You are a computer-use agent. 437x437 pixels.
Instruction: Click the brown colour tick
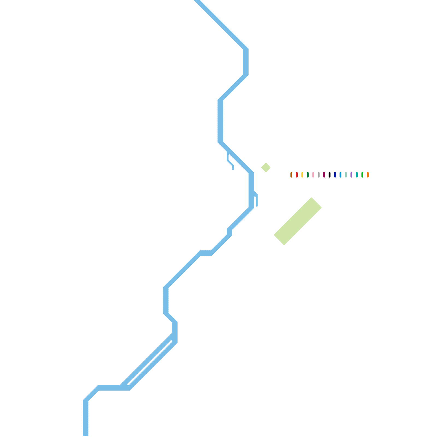coord(291,175)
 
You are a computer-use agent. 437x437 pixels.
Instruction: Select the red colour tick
coord(297,175)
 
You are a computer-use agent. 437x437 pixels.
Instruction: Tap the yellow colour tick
coord(302,175)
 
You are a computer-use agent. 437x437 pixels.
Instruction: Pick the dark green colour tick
coord(308,175)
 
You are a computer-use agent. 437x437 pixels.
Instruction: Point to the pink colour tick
coord(313,175)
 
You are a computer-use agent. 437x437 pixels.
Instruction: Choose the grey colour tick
coord(318,175)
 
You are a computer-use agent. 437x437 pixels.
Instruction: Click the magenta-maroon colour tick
coord(324,175)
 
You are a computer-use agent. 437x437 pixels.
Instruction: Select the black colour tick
coord(329,175)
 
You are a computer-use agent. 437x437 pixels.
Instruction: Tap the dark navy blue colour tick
coord(335,175)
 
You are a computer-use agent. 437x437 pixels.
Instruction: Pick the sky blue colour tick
coord(340,175)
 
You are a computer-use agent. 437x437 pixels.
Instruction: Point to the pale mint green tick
coord(346,175)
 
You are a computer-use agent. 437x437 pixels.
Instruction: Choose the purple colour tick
coord(351,175)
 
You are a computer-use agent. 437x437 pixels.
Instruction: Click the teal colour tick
coord(357,175)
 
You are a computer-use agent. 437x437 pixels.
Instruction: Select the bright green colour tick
coord(362,175)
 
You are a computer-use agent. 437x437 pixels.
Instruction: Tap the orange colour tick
coord(368,175)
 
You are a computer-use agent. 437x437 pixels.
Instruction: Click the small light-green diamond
coord(266,167)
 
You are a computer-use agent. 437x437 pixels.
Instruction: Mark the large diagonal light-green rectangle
coord(298,221)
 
